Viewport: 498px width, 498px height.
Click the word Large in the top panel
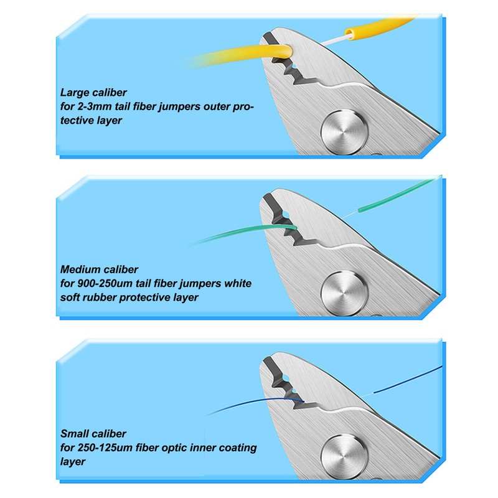pos(75,93)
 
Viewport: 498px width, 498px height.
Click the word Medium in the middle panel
pos(81,270)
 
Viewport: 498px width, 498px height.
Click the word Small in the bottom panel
pos(73,433)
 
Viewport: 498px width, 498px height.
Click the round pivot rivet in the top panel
pos(345,132)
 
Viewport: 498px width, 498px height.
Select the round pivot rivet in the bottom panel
pos(345,458)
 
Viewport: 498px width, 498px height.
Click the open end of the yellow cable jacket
pos(349,34)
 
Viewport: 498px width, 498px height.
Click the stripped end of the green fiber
pos(360,210)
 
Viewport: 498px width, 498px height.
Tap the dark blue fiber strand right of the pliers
pos(408,379)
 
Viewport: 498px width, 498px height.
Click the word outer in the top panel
pos(216,106)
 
